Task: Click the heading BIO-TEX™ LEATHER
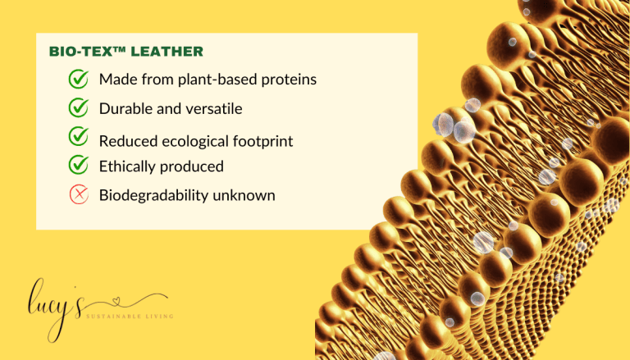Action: tap(126, 52)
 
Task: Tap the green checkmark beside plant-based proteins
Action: tap(79, 80)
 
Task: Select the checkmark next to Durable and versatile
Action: tap(79, 107)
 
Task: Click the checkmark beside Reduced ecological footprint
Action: tap(79, 136)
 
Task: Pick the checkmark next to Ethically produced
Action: tap(79, 165)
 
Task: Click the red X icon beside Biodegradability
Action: tap(79, 194)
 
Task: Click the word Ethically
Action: tap(127, 166)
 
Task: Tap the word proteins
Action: tap(288, 80)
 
